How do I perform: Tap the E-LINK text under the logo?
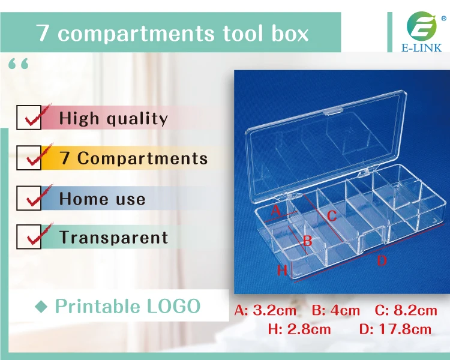click(x=422, y=47)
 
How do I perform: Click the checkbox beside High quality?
click(x=29, y=118)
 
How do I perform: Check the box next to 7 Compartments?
click(x=29, y=158)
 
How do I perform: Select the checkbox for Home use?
click(x=29, y=198)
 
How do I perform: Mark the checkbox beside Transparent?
click(x=29, y=237)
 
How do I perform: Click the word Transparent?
click(x=113, y=237)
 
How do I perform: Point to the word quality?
click(x=137, y=119)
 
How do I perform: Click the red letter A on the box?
click(x=275, y=211)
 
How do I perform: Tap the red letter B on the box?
click(x=307, y=241)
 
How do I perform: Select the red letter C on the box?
click(x=332, y=216)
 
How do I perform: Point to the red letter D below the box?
click(x=382, y=260)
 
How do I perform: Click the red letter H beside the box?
click(x=283, y=270)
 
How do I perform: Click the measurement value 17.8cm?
click(x=405, y=329)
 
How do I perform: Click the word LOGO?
click(x=173, y=306)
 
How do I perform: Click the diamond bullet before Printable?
click(x=41, y=307)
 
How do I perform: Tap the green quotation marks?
click(x=19, y=64)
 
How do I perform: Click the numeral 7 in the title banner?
click(x=43, y=33)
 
